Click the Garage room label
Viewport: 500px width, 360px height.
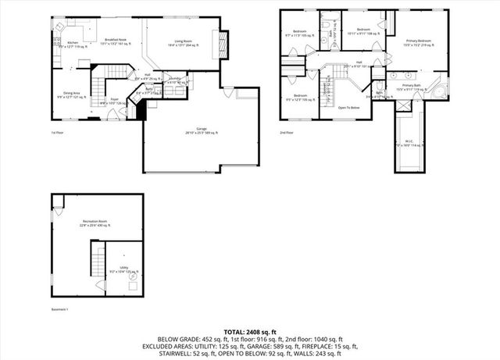[x=202, y=130]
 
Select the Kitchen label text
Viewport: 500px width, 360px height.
[x=72, y=44]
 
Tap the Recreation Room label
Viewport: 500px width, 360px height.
[x=95, y=223]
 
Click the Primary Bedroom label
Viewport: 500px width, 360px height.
[x=418, y=42]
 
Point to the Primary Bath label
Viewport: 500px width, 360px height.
[x=412, y=87]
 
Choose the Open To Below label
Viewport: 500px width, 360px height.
[x=348, y=107]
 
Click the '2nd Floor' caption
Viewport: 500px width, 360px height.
[x=286, y=133]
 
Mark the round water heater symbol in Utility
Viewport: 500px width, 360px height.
[x=130, y=276]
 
